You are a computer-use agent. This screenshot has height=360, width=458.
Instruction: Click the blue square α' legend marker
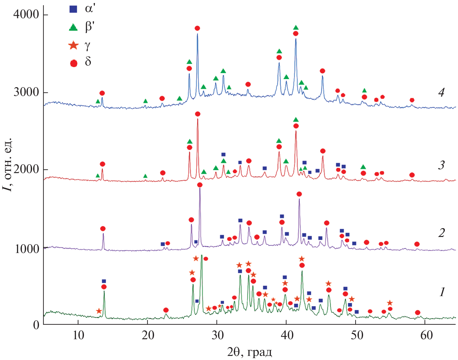[x=73, y=9]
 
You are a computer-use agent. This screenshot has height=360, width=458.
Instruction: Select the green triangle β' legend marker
[x=73, y=28]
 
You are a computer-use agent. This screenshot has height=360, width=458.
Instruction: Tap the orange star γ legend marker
[x=73, y=46]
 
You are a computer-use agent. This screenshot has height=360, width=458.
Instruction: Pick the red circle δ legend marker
[x=74, y=64]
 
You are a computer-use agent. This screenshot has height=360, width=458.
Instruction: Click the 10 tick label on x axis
[x=78, y=336]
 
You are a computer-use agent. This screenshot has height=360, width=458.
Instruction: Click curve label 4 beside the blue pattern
[x=441, y=93]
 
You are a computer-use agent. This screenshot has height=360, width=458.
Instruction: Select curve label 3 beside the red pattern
[x=441, y=165]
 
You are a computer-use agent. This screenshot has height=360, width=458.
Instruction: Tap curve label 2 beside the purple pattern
[x=441, y=233]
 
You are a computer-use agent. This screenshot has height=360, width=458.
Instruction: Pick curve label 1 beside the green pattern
[x=442, y=292]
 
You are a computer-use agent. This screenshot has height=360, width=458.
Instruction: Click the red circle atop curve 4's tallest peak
[x=197, y=28]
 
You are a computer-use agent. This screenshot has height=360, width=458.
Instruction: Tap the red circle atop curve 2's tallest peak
[x=200, y=185]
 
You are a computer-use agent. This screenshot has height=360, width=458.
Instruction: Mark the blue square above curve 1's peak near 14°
[x=104, y=281]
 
